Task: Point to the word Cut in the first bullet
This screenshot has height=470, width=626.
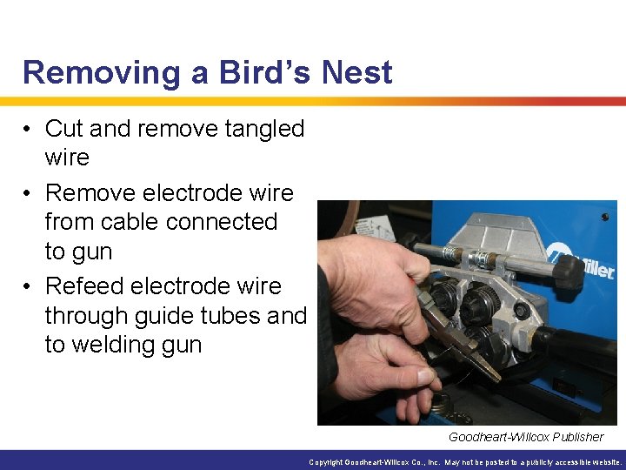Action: tap(64, 129)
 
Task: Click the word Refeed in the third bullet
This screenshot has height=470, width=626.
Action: tap(87, 286)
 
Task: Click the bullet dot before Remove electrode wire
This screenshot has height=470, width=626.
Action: tap(29, 193)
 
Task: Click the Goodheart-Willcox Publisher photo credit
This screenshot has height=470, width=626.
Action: tap(525, 437)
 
